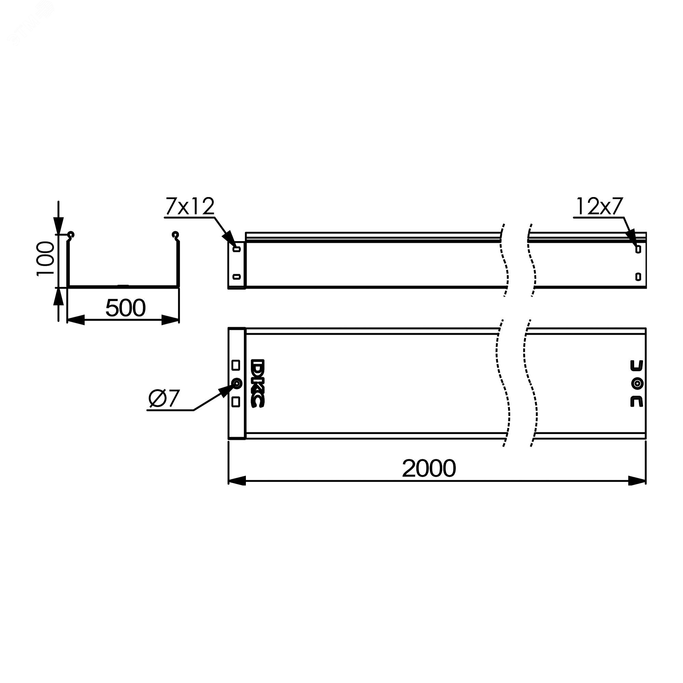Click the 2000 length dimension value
click(x=429, y=469)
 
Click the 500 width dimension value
click(x=125, y=308)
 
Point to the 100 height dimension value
click(x=46, y=259)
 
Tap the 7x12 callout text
click(x=190, y=207)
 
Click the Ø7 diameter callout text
click(x=164, y=399)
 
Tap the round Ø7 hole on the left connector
click(x=236, y=383)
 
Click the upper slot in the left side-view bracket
click(x=237, y=249)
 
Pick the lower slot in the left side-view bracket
click(x=237, y=277)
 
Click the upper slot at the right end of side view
click(x=638, y=249)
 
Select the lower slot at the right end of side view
click(x=638, y=277)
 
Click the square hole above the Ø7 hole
click(x=236, y=365)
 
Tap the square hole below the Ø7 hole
click(x=236, y=402)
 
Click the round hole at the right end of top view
click(x=637, y=384)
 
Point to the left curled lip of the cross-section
click(x=71, y=235)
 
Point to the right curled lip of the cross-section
click(x=175, y=235)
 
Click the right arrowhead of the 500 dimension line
click(x=170, y=320)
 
